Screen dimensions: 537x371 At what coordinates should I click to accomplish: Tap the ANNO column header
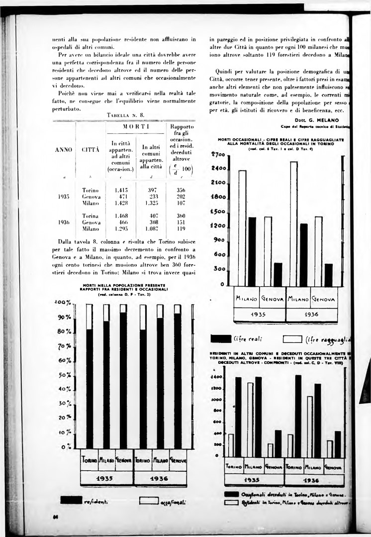(x=64, y=149)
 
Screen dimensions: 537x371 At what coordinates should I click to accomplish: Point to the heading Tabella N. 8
(x=125, y=115)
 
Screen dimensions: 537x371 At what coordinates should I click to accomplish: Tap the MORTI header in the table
(x=132, y=127)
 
